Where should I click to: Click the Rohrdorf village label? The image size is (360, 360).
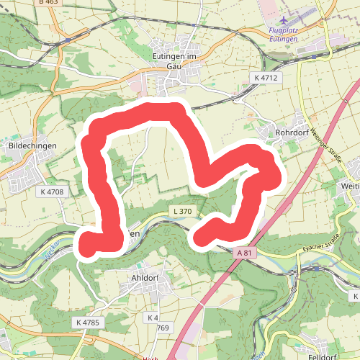click(x=292, y=133)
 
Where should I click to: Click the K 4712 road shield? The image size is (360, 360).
click(x=266, y=77)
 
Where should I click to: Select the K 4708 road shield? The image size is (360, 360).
click(x=52, y=192)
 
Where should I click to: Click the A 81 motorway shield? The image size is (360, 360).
click(x=245, y=253)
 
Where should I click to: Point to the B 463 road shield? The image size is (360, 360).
click(x=48, y=3)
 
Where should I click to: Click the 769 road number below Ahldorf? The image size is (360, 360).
click(x=163, y=328)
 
